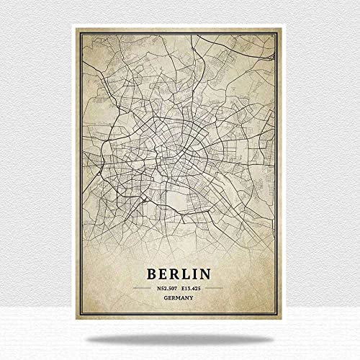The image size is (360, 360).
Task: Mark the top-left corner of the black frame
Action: pos(80,32)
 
